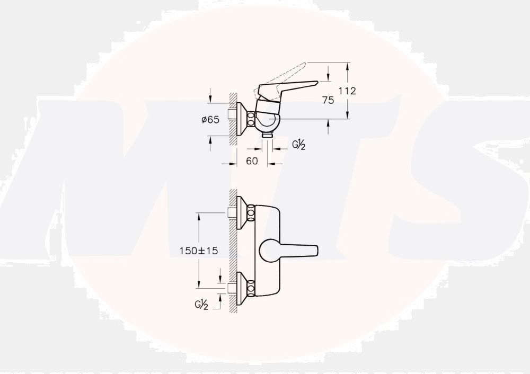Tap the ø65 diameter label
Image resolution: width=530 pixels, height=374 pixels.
[x=210, y=120]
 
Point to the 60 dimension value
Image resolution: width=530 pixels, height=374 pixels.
[x=252, y=161]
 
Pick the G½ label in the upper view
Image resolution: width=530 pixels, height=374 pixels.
[x=299, y=145]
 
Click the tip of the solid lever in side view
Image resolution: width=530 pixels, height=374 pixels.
[x=316, y=83]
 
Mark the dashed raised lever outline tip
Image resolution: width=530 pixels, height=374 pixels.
[x=305, y=64]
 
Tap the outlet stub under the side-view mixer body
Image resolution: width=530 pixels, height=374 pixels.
[x=268, y=137]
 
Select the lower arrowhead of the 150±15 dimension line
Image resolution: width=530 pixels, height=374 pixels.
[x=199, y=286]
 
